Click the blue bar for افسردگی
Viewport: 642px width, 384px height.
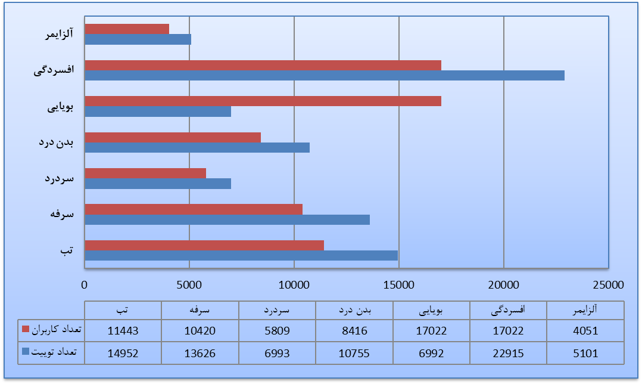tap(325, 75)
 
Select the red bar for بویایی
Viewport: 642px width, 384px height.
tap(263, 101)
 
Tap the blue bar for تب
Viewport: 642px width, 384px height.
tap(241, 255)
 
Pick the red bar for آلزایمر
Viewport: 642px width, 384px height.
tap(127, 29)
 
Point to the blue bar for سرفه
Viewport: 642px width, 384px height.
tap(227, 219)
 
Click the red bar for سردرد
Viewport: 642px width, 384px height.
tap(145, 173)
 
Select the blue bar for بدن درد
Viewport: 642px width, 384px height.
tap(197, 147)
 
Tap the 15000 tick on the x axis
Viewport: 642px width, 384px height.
tap(399, 284)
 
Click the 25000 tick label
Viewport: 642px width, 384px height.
tap(609, 284)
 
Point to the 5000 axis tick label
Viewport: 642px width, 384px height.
tap(189, 284)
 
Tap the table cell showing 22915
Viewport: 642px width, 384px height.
tap(509, 353)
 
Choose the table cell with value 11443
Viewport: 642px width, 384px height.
tap(123, 330)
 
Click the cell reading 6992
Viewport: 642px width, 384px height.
tap(431, 353)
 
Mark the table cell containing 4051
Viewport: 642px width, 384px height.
tap(586, 330)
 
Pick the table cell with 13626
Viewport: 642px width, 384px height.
tap(200, 353)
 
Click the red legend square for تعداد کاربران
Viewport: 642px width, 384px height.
tap(25, 329)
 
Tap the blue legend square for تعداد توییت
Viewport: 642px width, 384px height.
tap(25, 352)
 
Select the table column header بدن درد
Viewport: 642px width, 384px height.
tap(354, 310)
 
